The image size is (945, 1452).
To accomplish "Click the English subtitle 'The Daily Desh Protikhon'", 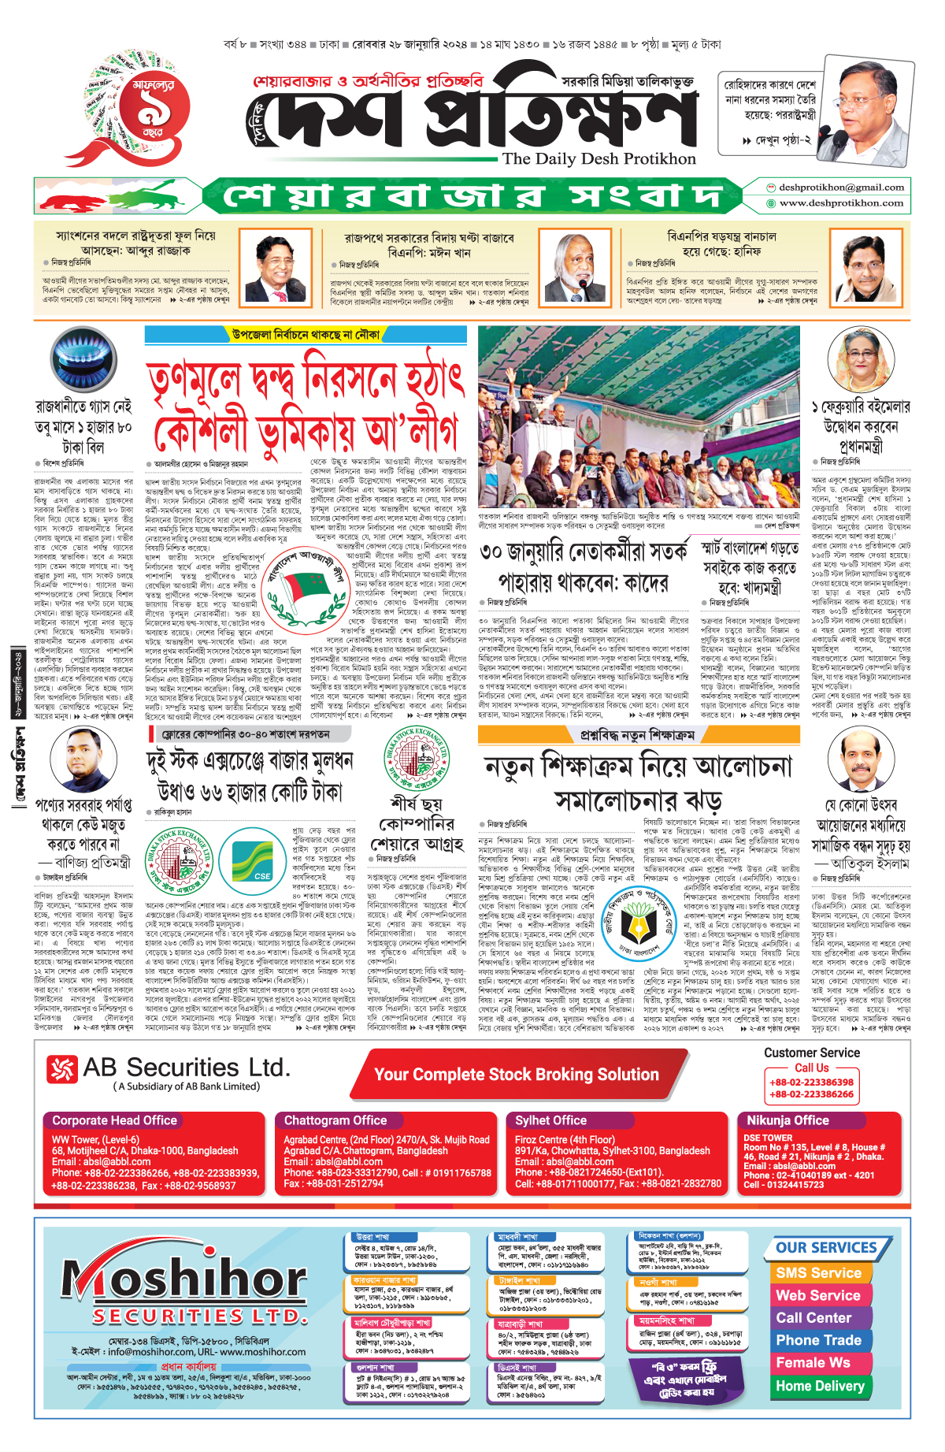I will point(598,158).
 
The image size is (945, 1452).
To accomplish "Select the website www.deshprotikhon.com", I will point(841,203).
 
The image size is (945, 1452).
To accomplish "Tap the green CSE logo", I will point(251,856).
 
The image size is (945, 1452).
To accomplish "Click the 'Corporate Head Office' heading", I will point(115,1120).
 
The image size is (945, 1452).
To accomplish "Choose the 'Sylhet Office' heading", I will point(550,1120).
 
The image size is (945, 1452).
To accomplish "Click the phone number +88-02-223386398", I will point(812,1082).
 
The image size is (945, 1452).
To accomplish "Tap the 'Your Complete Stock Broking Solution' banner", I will point(517,1075).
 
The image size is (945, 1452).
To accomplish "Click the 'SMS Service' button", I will point(819,1273).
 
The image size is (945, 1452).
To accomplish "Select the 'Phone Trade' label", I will point(819,1340).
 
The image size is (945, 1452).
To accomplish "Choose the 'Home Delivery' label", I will point(820,1386).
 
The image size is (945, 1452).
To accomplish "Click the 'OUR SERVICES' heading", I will point(826,1248).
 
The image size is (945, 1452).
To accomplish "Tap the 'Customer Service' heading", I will point(812,1053).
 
